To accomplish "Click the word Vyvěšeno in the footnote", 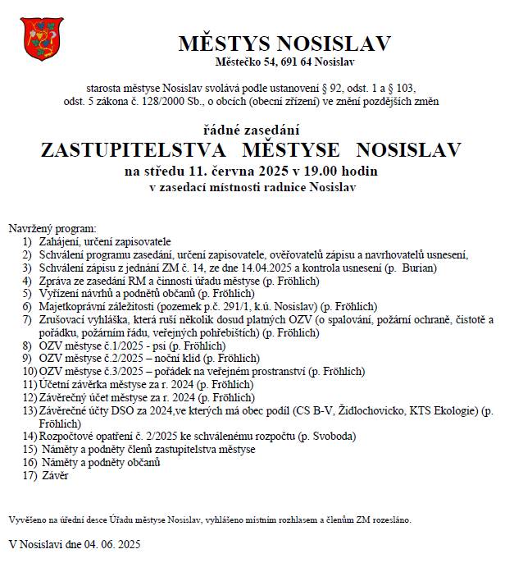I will (x=29, y=520).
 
